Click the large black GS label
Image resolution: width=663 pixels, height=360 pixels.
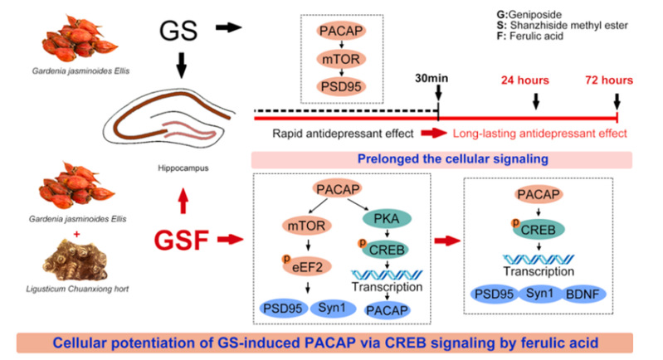click(x=178, y=31)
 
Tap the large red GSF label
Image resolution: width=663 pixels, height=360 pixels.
click(x=182, y=240)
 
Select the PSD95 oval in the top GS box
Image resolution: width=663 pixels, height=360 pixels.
click(x=341, y=86)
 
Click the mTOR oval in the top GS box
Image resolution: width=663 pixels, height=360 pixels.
click(x=341, y=59)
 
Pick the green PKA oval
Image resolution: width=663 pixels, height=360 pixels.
click(x=387, y=218)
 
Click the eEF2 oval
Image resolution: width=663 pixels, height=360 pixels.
click(x=307, y=266)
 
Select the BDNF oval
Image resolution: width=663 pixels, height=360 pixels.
click(x=583, y=294)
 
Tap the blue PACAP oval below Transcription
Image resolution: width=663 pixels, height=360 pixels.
click(x=387, y=310)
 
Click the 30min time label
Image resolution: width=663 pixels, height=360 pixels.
click(x=431, y=78)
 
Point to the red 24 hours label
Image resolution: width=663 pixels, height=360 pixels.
click(x=525, y=80)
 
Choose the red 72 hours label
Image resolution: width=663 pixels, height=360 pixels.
click(x=609, y=80)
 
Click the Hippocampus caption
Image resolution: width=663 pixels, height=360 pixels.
click(x=183, y=168)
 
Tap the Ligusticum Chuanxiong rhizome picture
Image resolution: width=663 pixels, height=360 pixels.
click(x=75, y=259)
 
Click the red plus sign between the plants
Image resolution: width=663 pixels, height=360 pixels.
click(x=76, y=234)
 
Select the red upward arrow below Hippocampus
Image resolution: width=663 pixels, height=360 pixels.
click(x=183, y=201)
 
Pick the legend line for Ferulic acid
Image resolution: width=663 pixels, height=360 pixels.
click(x=529, y=36)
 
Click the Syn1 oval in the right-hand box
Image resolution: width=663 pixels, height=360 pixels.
click(x=539, y=294)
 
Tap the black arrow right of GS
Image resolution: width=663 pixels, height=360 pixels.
click(x=229, y=28)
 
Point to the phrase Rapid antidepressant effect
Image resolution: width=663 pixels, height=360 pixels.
click(x=343, y=134)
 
